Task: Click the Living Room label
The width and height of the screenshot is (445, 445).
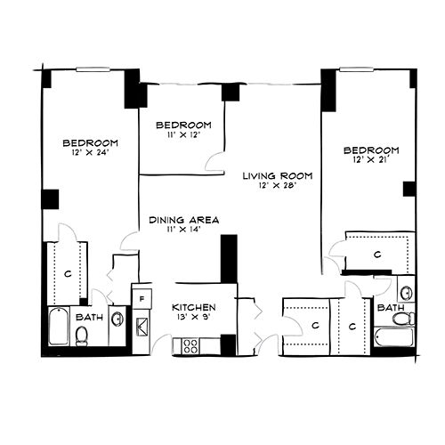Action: coord(278,176)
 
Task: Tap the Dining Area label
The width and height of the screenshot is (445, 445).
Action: coord(184,220)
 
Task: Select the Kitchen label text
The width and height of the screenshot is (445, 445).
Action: coord(194,307)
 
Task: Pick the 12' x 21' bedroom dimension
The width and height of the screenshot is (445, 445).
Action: coord(371,160)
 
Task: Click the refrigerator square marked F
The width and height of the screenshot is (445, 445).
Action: coord(142,299)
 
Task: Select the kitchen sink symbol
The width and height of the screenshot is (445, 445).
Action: coord(142,327)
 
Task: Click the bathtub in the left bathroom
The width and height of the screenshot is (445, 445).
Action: coord(59,327)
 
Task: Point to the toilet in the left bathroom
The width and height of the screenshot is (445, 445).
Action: coord(81,336)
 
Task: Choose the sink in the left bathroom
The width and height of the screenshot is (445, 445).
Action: coord(117,320)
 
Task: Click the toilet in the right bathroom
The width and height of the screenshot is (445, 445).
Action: coord(403,319)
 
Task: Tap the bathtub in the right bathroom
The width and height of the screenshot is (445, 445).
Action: coord(393,337)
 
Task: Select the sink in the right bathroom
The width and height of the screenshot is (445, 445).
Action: coord(406,293)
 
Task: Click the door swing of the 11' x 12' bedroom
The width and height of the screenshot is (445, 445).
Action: coord(214,162)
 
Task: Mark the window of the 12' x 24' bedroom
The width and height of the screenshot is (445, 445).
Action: coord(93,69)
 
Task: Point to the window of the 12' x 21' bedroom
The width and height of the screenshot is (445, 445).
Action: coord(356,69)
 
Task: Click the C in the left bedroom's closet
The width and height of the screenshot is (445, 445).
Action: coord(68,273)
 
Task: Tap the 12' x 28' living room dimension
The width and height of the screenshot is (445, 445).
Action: coord(278,186)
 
